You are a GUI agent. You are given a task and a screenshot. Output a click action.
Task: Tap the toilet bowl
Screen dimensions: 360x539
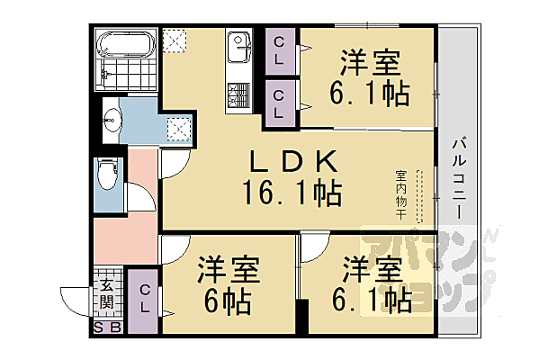tap(106, 173)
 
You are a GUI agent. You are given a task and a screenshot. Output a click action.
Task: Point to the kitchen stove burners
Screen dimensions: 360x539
tap(238, 94)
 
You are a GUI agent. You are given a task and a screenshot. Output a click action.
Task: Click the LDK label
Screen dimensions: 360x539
tap(292, 162)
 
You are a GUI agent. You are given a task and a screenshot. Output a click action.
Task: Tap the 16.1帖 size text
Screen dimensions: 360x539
tap(290, 191)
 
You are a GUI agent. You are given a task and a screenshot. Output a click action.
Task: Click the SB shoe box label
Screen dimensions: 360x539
tap(107, 327)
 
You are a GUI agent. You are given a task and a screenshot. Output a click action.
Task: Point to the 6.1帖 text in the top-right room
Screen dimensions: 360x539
tap(370, 93)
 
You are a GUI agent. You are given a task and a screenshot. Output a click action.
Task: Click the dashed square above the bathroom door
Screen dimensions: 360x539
tap(174, 40)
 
